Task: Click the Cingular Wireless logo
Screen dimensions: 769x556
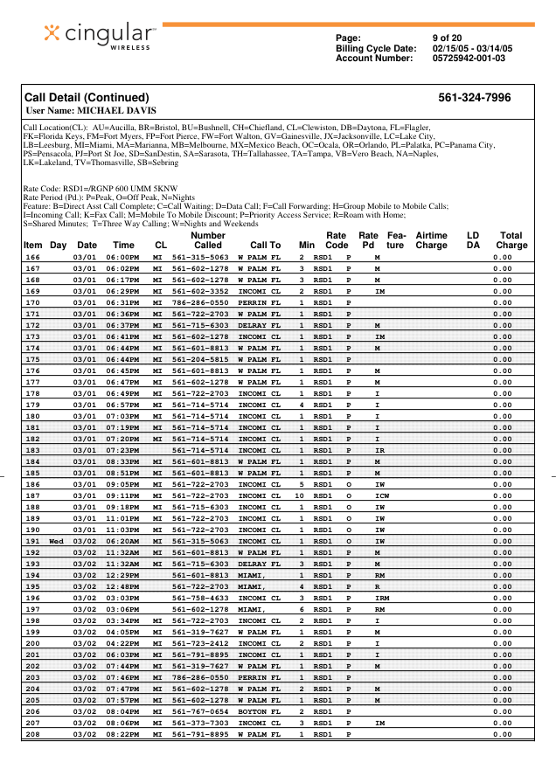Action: (101, 34)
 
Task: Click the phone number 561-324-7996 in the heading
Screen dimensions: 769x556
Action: (474, 98)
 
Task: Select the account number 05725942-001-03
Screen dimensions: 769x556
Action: (469, 59)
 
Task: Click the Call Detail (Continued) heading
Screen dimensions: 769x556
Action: (86, 98)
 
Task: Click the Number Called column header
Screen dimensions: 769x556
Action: (207, 240)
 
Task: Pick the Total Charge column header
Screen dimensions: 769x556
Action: (511, 240)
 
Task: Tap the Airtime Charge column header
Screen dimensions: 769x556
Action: (431, 240)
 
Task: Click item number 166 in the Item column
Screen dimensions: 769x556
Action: (32, 258)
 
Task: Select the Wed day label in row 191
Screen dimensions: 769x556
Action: (57, 541)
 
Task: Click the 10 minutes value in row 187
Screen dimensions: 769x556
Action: (299, 496)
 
